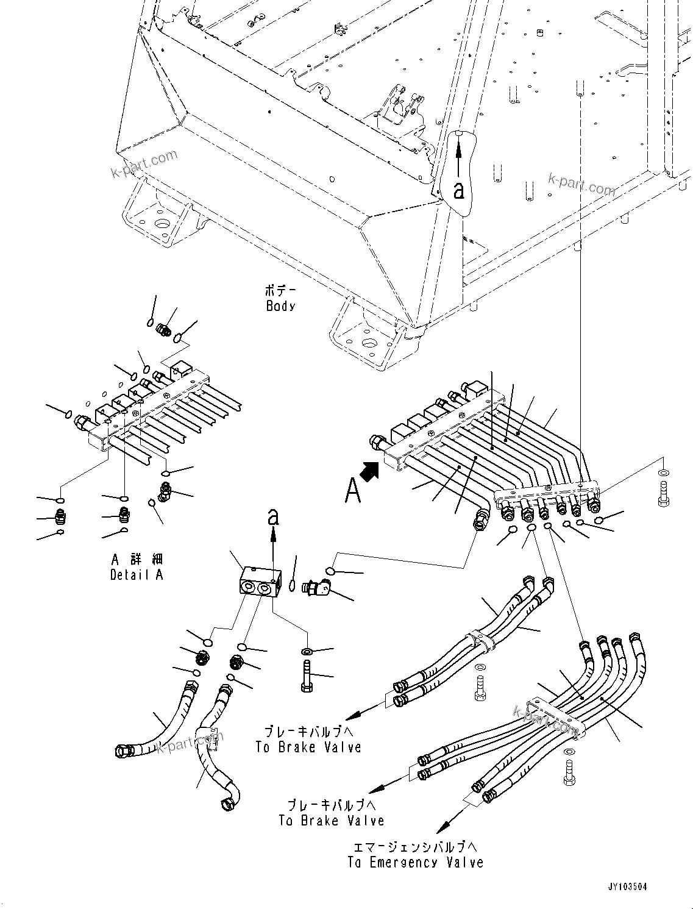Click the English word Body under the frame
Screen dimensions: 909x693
click(x=280, y=306)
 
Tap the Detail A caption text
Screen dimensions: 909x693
click(x=137, y=575)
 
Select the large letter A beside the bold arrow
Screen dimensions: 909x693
click(x=353, y=490)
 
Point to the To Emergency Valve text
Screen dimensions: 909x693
click(x=415, y=863)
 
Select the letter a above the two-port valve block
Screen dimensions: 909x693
click(x=273, y=518)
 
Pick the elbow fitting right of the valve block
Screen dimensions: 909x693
click(x=318, y=588)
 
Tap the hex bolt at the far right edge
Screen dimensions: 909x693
click(x=664, y=494)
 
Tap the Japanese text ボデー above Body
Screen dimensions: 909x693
click(x=280, y=290)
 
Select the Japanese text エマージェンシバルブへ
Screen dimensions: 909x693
click(x=415, y=847)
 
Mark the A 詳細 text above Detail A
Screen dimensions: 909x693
click(x=138, y=559)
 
